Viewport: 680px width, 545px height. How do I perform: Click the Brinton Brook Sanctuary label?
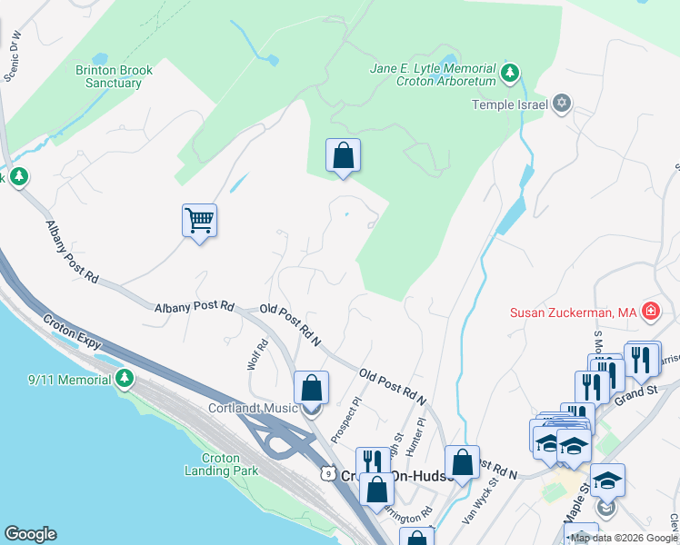click(108, 75)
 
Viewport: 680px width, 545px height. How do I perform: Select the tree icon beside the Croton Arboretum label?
click(511, 71)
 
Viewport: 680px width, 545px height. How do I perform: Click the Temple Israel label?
click(509, 104)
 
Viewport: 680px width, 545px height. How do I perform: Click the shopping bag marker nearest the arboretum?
click(343, 155)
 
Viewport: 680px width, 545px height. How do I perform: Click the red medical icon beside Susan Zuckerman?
click(650, 313)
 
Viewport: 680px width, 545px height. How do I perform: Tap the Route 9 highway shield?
click(326, 473)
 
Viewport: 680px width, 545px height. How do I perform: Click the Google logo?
click(30, 534)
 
